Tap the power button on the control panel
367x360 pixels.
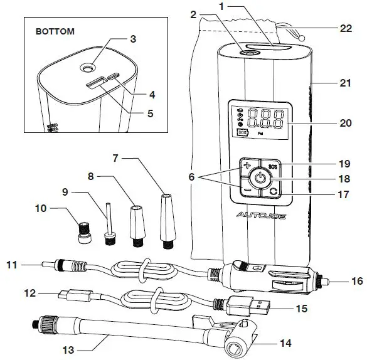coord(260,177)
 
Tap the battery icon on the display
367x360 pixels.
coord(242,134)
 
